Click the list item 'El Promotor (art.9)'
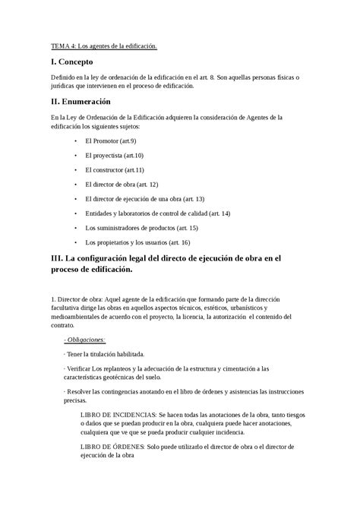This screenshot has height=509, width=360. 111,141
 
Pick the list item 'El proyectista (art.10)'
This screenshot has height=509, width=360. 115,155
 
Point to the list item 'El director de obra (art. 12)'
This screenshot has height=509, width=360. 122,184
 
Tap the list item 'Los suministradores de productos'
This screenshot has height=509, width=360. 141,227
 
